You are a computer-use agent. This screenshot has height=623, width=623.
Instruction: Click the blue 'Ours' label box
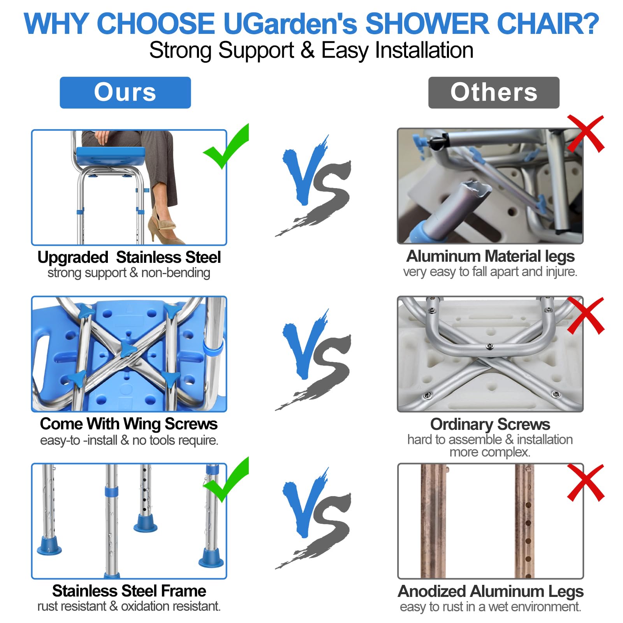click(x=125, y=93)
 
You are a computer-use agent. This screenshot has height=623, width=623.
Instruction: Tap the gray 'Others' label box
click(x=494, y=93)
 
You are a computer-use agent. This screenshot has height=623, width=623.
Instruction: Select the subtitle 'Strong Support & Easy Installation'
click(x=311, y=50)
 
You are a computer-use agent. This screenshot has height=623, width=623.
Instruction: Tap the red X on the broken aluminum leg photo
click(x=585, y=134)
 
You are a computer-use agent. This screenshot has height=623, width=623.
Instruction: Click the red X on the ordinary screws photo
click(x=585, y=315)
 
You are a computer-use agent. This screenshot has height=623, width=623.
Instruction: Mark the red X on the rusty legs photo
click(x=585, y=482)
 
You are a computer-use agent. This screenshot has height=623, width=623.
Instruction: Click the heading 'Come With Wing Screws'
click(x=128, y=424)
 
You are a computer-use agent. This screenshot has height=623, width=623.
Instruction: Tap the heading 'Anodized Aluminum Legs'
click(x=490, y=591)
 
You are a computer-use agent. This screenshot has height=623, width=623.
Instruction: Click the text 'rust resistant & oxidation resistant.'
click(x=129, y=606)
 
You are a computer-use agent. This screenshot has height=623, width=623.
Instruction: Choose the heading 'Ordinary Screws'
click(x=490, y=424)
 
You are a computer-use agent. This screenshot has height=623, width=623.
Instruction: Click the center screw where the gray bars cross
click(x=490, y=346)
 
